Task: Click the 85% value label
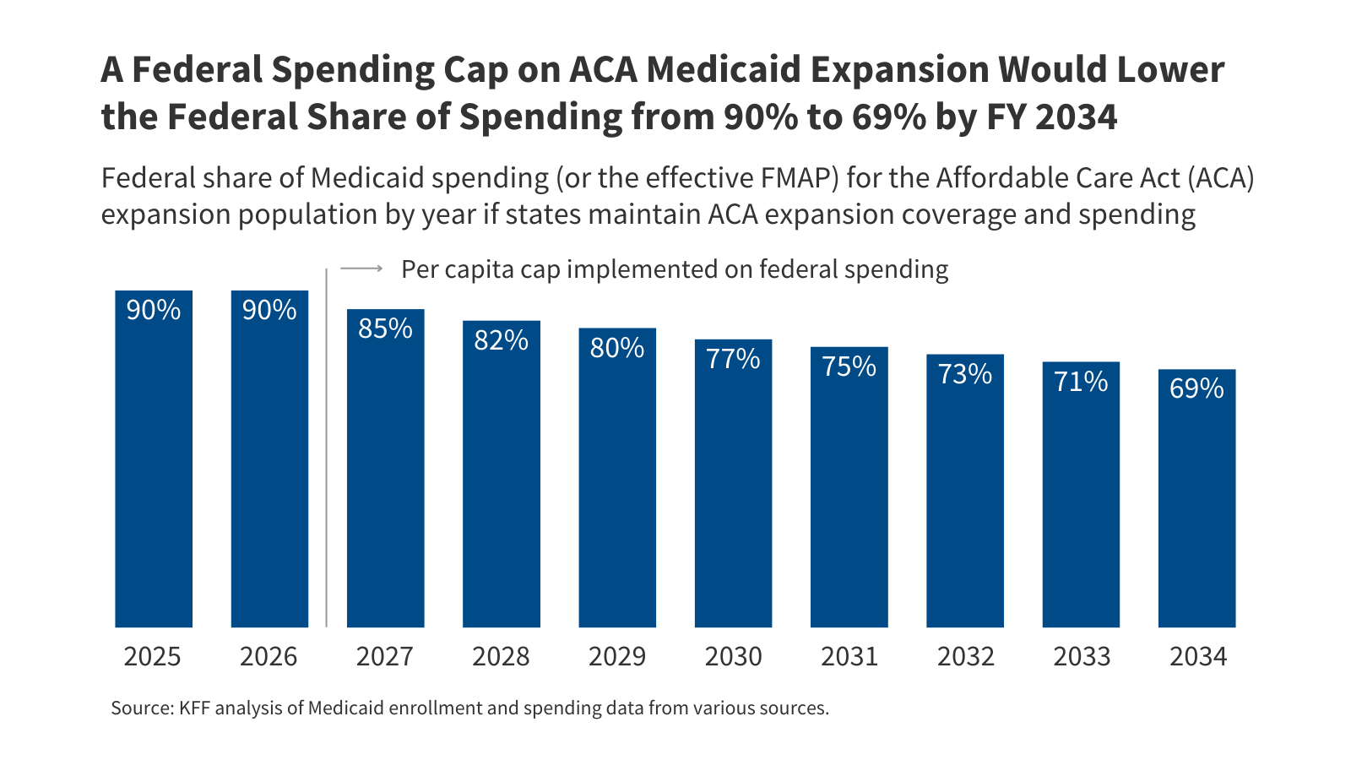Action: point(385,328)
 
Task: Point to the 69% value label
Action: point(1196,388)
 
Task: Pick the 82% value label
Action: point(501,340)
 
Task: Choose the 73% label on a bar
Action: point(965,374)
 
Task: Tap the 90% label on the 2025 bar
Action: point(154,310)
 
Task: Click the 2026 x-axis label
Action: point(269,657)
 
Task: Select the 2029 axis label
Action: point(616,657)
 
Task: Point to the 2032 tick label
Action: point(965,657)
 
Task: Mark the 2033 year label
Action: point(1082,657)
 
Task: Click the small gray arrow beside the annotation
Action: point(361,269)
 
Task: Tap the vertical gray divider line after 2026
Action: point(327,448)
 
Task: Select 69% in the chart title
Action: point(888,117)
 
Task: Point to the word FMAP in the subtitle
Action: point(793,178)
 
